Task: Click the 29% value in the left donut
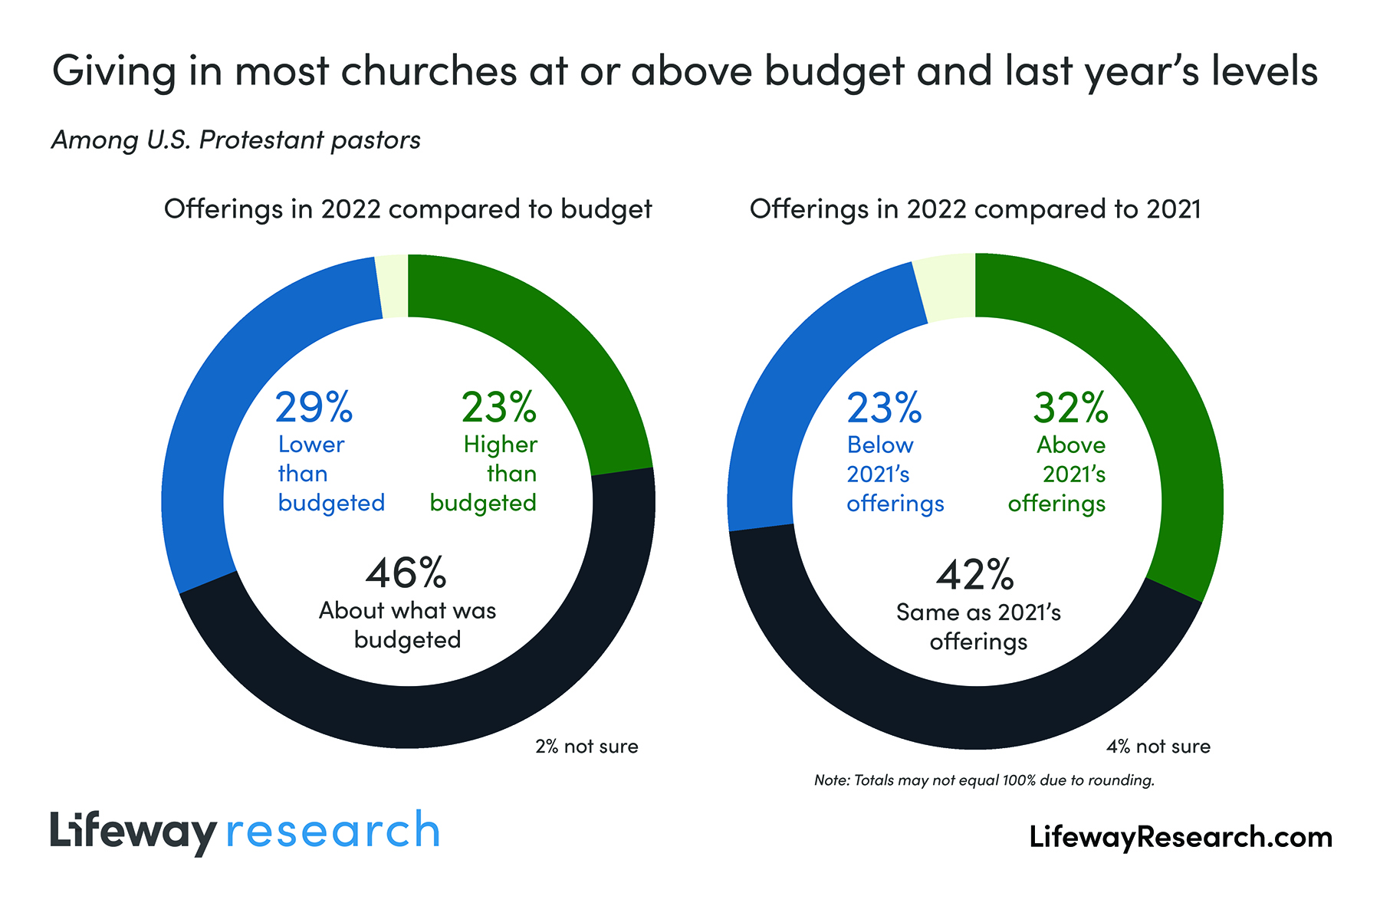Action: (x=314, y=408)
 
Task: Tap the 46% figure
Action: (x=406, y=573)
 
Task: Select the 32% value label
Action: (x=1070, y=408)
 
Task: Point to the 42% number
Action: (x=975, y=575)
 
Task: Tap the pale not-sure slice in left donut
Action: (x=393, y=285)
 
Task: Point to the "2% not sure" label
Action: (x=586, y=747)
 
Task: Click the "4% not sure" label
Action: (x=1158, y=747)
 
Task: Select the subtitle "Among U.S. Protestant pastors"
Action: (x=236, y=140)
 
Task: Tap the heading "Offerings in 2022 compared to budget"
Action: (x=408, y=209)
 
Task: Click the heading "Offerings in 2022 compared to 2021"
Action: (x=975, y=209)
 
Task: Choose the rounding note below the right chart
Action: (x=984, y=780)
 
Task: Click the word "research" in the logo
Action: (x=333, y=831)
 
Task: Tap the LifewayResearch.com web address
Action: (x=1181, y=837)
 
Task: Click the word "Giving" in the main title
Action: (x=115, y=71)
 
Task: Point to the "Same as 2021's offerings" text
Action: (x=978, y=627)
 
